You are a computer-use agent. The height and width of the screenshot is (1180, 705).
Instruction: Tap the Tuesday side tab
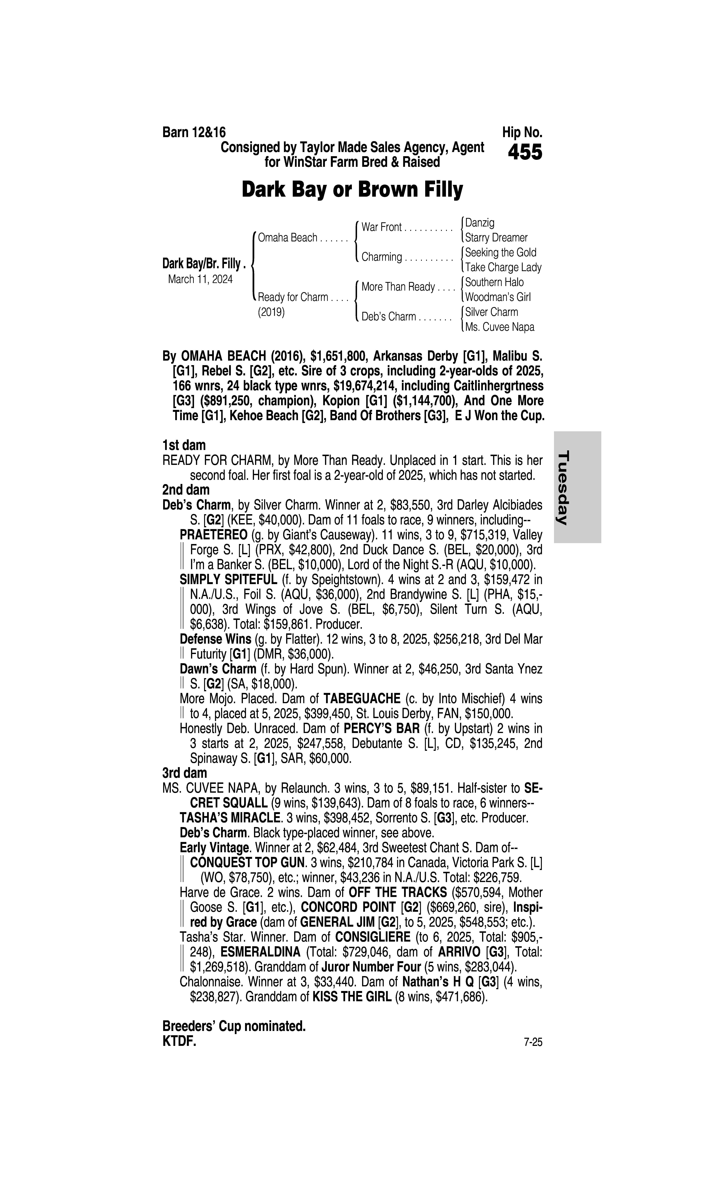(x=577, y=487)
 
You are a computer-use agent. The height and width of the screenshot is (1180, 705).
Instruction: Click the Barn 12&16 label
(x=194, y=132)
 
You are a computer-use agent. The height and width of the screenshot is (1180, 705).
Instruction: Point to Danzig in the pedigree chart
(x=480, y=222)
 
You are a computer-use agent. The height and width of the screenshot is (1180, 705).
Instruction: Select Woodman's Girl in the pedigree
(x=498, y=297)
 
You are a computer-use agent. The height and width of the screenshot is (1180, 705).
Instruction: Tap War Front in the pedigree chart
(x=382, y=227)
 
